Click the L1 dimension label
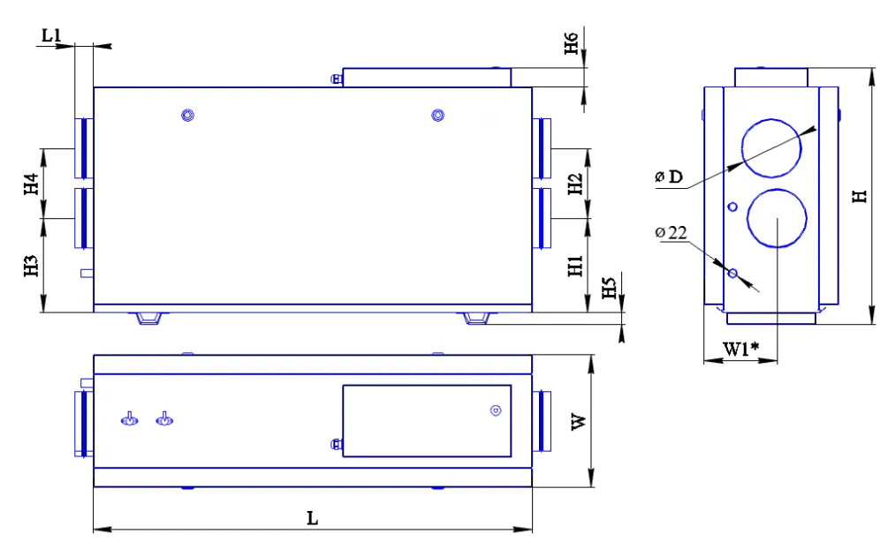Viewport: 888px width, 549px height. click(x=51, y=35)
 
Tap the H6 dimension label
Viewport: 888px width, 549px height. click(x=572, y=43)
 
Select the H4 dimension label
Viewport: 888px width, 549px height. click(x=31, y=184)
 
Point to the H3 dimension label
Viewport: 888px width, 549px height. click(x=31, y=266)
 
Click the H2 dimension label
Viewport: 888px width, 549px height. click(x=575, y=184)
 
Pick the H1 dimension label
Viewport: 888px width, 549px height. click(x=575, y=266)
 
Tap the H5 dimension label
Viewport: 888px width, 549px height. click(x=609, y=288)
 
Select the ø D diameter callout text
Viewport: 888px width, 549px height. click(x=669, y=177)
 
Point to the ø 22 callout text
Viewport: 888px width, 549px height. click(x=671, y=233)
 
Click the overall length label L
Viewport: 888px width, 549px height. click(x=312, y=518)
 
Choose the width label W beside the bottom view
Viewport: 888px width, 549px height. click(x=579, y=422)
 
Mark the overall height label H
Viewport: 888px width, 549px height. click(x=861, y=197)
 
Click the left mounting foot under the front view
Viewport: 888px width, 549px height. click(x=149, y=319)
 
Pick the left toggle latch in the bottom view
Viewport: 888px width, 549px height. click(x=130, y=419)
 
